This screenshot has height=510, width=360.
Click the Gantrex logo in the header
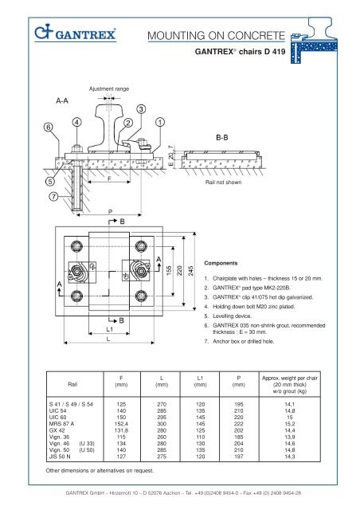[x=75, y=33]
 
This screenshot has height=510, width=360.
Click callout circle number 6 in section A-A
[x=49, y=127]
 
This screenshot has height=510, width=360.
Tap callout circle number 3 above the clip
[x=141, y=109]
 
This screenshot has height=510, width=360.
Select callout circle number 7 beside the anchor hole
[x=53, y=197]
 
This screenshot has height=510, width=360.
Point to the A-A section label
[x=62, y=101]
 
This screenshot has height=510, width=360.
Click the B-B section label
[x=222, y=138]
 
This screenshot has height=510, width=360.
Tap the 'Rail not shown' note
[x=224, y=182]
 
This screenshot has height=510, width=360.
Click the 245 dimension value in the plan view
[x=191, y=271]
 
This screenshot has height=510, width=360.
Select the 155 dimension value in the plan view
[x=169, y=271]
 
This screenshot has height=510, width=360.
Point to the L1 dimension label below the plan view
[x=110, y=329]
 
